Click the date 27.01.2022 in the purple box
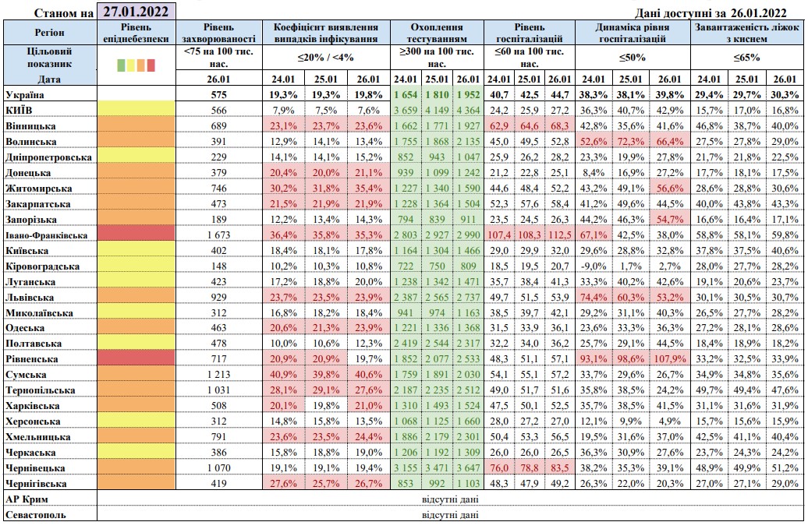click(x=136, y=11)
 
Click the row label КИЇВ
click(x=23, y=110)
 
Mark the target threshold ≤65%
click(x=747, y=58)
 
